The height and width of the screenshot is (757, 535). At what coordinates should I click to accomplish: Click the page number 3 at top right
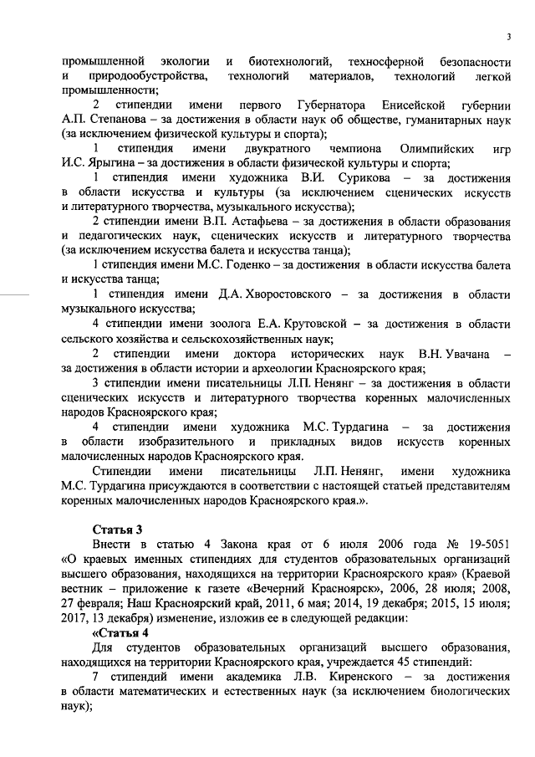point(508,35)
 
